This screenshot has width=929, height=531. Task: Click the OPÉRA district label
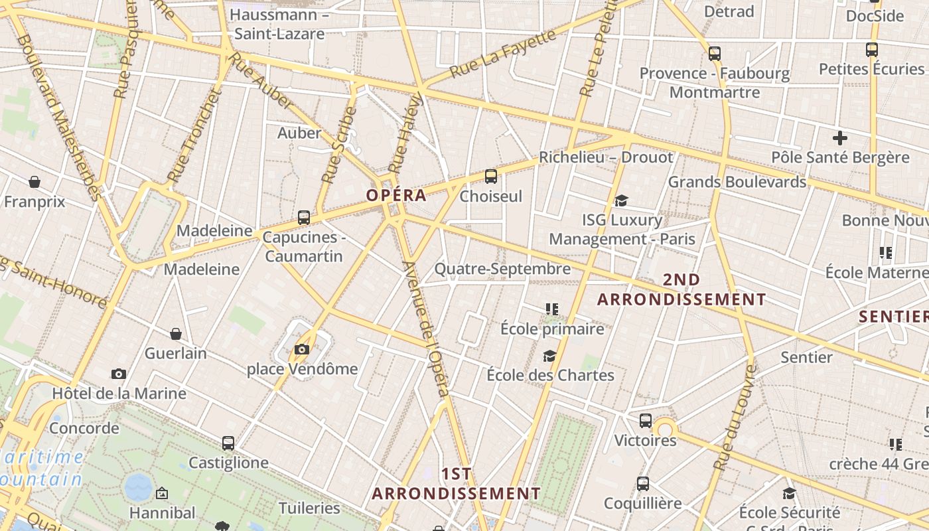coord(396,195)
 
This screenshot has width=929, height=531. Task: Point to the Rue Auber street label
coord(260,81)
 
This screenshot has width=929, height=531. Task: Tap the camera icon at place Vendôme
coord(302,349)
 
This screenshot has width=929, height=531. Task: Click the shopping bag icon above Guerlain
coord(176,333)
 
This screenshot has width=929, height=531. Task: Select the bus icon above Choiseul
coord(491,176)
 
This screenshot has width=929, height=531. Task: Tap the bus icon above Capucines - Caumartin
coord(304,217)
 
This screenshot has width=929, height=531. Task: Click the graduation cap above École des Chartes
coord(549,356)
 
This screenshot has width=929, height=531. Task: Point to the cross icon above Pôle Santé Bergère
coord(840,138)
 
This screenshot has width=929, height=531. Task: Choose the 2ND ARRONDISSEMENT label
coord(681,289)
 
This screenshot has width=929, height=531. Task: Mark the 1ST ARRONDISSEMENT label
coord(457,484)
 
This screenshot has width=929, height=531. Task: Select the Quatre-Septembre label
coord(502,269)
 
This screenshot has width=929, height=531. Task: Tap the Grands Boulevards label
coord(737,182)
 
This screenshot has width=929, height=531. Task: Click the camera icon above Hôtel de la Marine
coord(119,374)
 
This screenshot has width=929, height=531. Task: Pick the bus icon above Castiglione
coord(228,443)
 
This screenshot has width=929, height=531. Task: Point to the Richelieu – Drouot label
coord(606,157)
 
